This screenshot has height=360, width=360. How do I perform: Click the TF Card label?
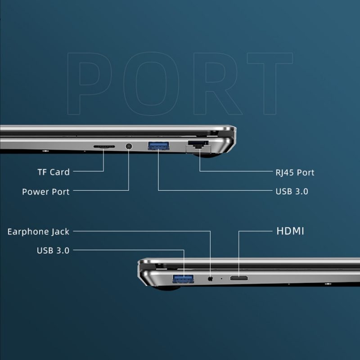[54, 172]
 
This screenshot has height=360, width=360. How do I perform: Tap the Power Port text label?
[46, 192]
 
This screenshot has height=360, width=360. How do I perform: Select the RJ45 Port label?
[295, 172]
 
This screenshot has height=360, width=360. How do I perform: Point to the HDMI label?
[290, 231]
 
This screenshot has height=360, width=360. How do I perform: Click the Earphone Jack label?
[38, 232]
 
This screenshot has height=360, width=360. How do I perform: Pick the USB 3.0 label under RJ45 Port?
[292, 192]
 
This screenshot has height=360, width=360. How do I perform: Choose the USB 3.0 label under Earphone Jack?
[53, 251]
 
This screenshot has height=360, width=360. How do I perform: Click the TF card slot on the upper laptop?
[104, 147]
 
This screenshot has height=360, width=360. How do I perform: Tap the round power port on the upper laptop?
[129, 146]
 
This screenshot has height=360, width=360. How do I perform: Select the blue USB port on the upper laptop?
[158, 146]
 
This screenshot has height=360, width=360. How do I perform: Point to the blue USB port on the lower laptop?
[183, 279]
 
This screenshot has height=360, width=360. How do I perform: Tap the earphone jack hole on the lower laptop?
[210, 279]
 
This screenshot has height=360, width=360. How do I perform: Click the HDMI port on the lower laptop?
[239, 278]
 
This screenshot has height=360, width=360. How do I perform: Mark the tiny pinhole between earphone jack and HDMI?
[221, 279]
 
